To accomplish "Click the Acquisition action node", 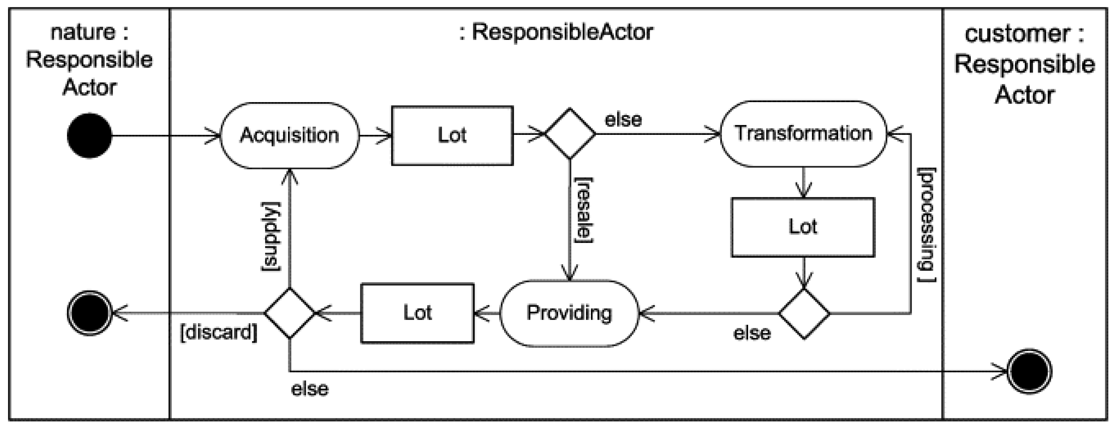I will (289, 135).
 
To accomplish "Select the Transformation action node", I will (803, 133).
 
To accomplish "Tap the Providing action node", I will (569, 313).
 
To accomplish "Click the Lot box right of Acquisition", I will (452, 135).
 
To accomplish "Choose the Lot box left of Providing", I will (417, 313).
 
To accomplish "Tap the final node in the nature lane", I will (89, 313).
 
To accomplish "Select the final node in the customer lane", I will (1029, 372).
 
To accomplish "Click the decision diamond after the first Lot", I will (570, 133).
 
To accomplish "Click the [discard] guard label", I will (218, 332).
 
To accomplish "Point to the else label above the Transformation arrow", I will (623, 120).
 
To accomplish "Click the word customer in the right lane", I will (1017, 34).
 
